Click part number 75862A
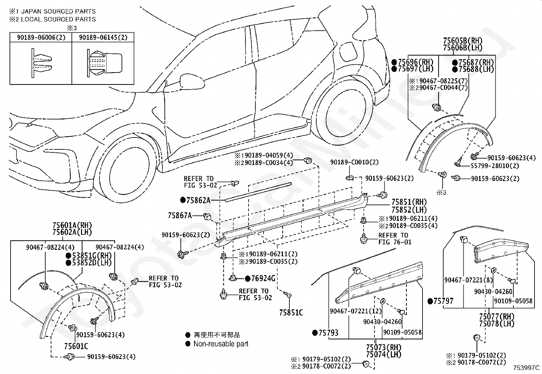[198, 200]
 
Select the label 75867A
[180, 215]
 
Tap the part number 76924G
[263, 278]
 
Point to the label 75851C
[291, 312]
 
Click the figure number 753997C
[526, 368]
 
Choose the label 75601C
[76, 346]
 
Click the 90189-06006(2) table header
[41, 37]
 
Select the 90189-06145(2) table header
[103, 37]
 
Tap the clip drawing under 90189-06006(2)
[41, 63]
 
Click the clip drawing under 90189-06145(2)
[105, 63]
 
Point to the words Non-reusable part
[221, 344]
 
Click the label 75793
[328, 333]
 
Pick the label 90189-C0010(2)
[354, 162]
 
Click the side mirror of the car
[192, 82]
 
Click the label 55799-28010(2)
[495, 166]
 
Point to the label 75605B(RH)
[463, 40]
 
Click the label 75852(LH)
[409, 210]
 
